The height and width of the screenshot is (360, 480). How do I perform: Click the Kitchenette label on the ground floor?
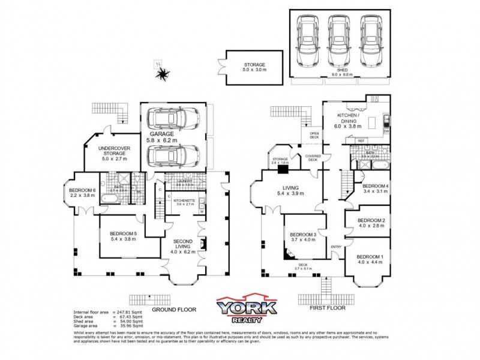(185, 202)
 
